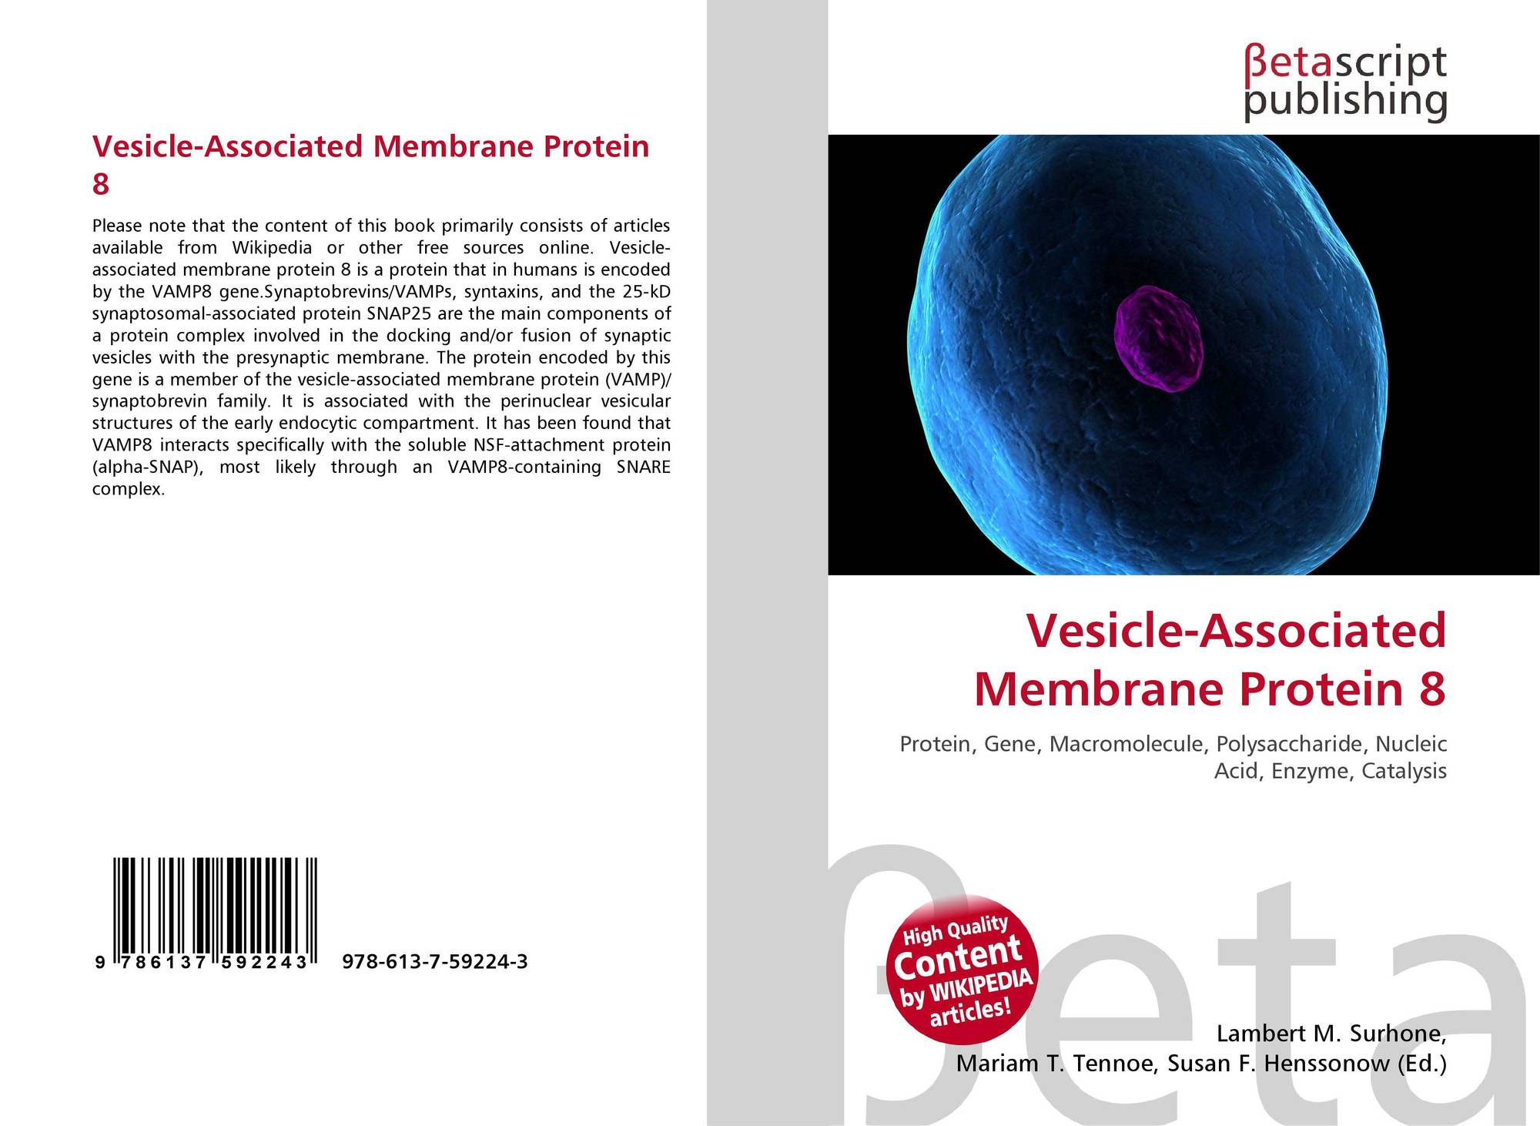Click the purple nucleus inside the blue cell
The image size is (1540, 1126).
click(x=1158, y=338)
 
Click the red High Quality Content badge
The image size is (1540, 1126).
click(x=962, y=969)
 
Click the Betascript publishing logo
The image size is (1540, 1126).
click(x=1344, y=83)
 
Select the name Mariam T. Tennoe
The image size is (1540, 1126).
click(x=1056, y=1064)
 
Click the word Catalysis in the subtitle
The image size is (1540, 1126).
click(x=1404, y=771)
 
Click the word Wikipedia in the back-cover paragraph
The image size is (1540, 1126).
click(x=272, y=247)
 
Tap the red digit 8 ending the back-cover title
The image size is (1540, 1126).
click(x=100, y=185)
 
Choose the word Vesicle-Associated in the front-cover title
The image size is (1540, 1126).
click(x=1236, y=631)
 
